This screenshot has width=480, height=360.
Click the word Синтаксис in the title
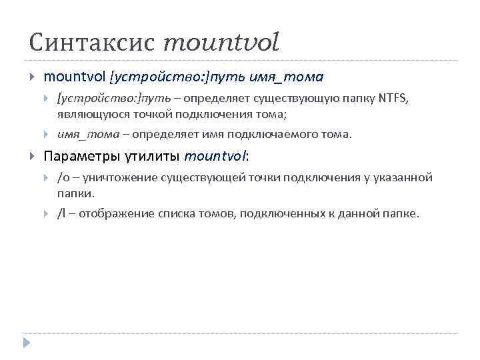[91, 43]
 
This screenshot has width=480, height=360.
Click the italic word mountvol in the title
[221, 43]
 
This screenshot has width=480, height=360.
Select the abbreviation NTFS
[395, 99]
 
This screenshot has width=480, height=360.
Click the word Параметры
[83, 157]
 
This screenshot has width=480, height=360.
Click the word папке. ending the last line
[402, 214]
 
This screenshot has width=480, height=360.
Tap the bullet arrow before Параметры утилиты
[31, 157]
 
